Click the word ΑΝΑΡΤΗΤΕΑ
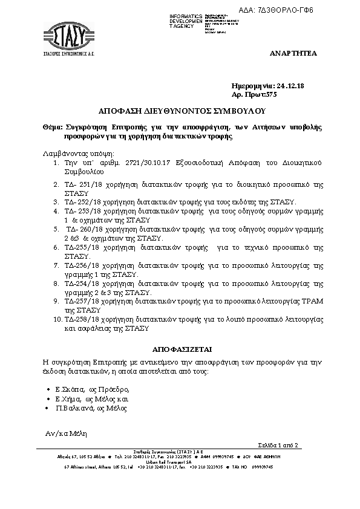pos(293,54)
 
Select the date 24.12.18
pos(290,86)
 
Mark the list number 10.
pos(56,319)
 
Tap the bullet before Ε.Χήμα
pos(48,400)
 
